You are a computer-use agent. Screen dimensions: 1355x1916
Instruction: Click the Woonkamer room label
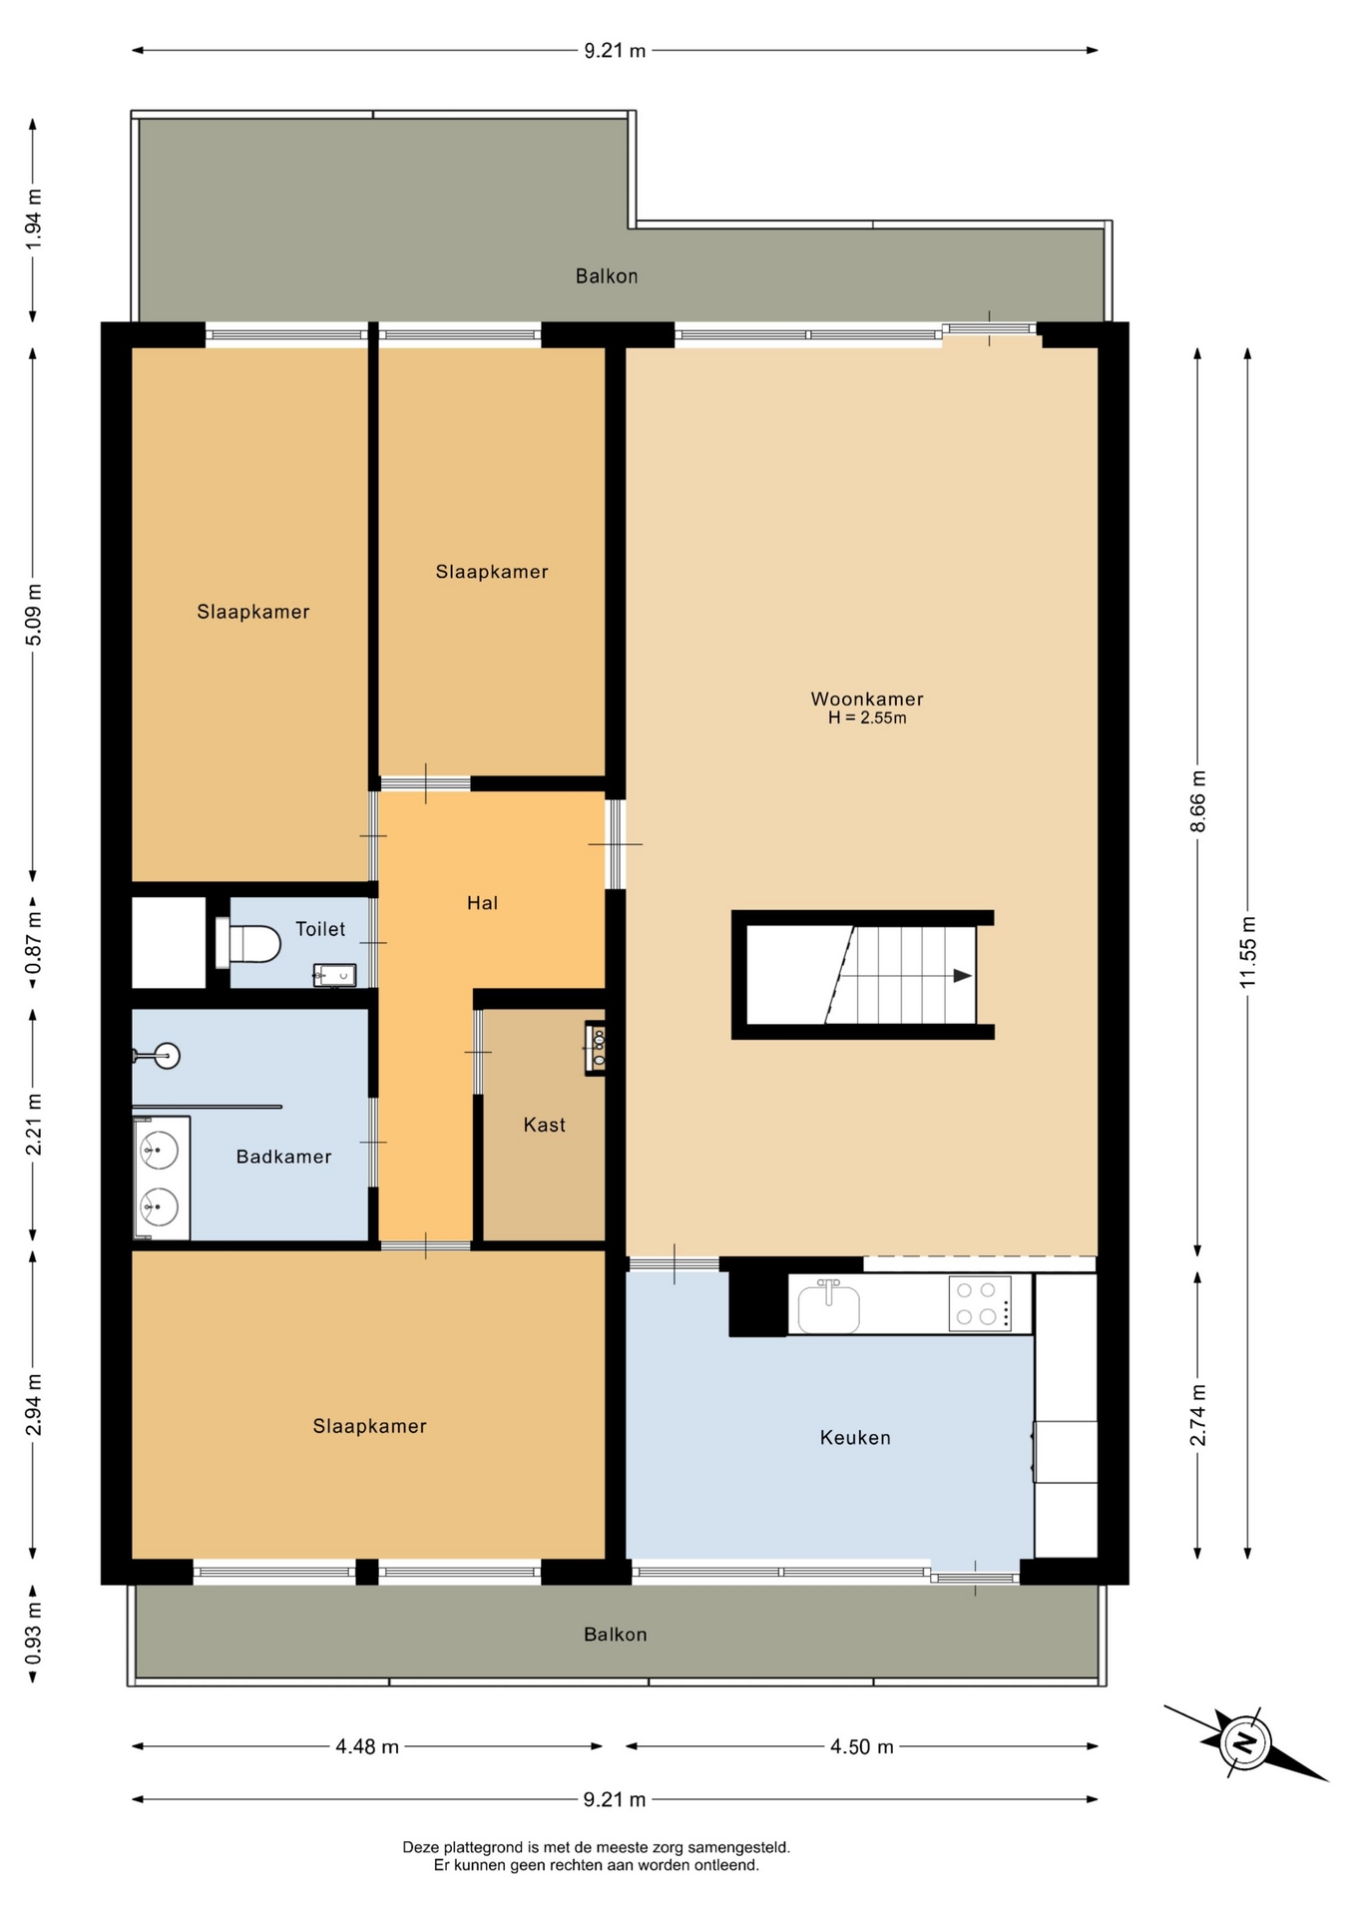click(866, 699)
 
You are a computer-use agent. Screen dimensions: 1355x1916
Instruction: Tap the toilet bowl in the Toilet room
click(248, 943)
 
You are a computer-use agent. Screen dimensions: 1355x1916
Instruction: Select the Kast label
click(544, 1125)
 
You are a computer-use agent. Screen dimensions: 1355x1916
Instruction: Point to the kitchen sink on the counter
click(828, 1306)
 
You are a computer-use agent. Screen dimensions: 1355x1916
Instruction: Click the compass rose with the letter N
click(1245, 1742)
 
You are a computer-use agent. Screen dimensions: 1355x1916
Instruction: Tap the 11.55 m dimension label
click(1247, 952)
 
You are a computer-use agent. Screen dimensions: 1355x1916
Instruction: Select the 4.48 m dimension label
click(367, 1746)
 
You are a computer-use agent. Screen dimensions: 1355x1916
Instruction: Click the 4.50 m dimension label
click(862, 1746)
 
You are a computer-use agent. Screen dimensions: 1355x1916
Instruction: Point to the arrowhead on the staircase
click(962, 976)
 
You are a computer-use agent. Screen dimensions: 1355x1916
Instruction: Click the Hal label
click(482, 903)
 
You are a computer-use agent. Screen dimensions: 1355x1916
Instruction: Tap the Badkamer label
click(283, 1157)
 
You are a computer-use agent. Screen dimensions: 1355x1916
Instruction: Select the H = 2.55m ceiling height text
click(867, 718)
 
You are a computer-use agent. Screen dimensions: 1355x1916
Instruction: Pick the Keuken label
click(855, 1437)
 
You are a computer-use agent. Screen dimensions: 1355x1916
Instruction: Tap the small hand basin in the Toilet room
click(334, 975)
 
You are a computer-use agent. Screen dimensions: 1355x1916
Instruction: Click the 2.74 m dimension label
click(1197, 1415)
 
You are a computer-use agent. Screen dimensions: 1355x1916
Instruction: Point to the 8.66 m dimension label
click(1197, 801)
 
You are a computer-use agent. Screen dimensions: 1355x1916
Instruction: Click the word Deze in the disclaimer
click(420, 1847)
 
